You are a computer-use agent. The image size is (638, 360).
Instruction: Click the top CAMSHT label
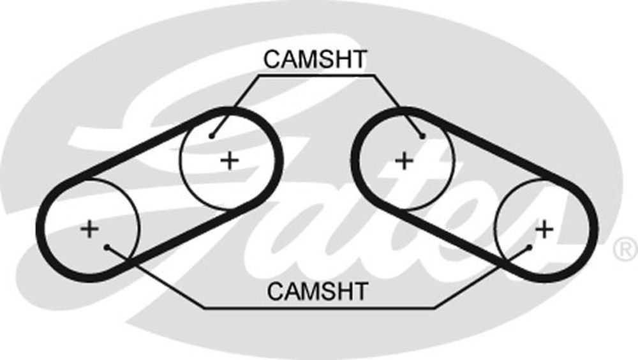click(x=315, y=59)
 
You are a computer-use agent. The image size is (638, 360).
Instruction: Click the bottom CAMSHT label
click(x=317, y=291)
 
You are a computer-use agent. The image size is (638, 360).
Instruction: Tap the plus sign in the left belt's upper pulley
click(x=230, y=160)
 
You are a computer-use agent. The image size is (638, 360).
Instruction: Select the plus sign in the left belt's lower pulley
click(x=89, y=229)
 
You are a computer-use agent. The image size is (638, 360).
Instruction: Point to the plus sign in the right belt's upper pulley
click(x=404, y=160)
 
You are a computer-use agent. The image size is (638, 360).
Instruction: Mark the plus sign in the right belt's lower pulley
click(x=544, y=229)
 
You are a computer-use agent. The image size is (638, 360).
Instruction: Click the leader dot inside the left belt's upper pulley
click(x=212, y=136)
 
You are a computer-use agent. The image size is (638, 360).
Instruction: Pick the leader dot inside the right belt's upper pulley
click(x=422, y=136)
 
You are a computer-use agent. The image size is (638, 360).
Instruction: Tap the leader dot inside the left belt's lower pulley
click(x=107, y=247)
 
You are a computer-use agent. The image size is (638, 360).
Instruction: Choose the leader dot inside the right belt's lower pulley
click(x=530, y=247)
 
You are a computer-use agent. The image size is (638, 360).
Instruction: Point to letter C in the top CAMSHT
click(x=272, y=59)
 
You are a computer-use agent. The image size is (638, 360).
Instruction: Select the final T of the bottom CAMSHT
click(x=360, y=291)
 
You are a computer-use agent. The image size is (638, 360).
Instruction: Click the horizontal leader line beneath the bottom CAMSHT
click(x=319, y=308)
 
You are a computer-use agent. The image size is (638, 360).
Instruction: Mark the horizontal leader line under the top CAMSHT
click(x=316, y=75)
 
